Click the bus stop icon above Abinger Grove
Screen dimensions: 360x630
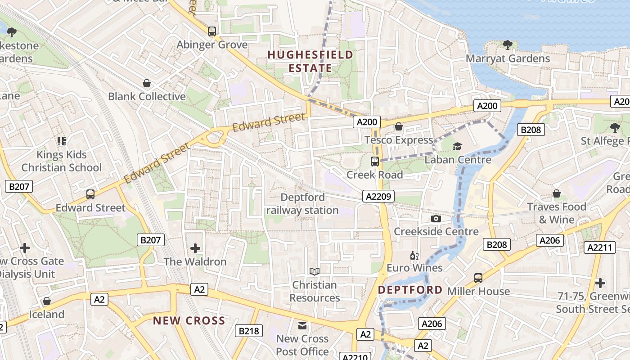(212, 31)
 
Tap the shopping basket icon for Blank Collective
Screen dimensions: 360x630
(146, 83)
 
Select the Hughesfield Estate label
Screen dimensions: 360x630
(310, 62)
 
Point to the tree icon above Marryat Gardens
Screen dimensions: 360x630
(507, 45)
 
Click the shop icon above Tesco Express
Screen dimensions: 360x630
(398, 126)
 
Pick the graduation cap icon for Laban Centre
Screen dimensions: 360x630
(457, 146)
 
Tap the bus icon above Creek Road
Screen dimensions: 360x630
(374, 161)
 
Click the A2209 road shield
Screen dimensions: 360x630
(378, 196)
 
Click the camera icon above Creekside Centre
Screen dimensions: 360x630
(436, 218)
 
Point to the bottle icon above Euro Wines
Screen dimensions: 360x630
(414, 256)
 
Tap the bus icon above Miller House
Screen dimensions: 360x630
(478, 278)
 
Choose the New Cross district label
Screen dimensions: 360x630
(189, 320)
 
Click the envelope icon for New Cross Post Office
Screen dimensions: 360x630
(302, 325)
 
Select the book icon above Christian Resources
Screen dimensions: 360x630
(315, 271)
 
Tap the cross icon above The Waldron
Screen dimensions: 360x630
(195, 248)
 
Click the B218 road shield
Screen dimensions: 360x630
(249, 331)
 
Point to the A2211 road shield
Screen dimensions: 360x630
(599, 247)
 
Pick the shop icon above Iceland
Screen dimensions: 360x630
(47, 301)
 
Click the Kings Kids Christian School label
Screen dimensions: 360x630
(62, 161)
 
